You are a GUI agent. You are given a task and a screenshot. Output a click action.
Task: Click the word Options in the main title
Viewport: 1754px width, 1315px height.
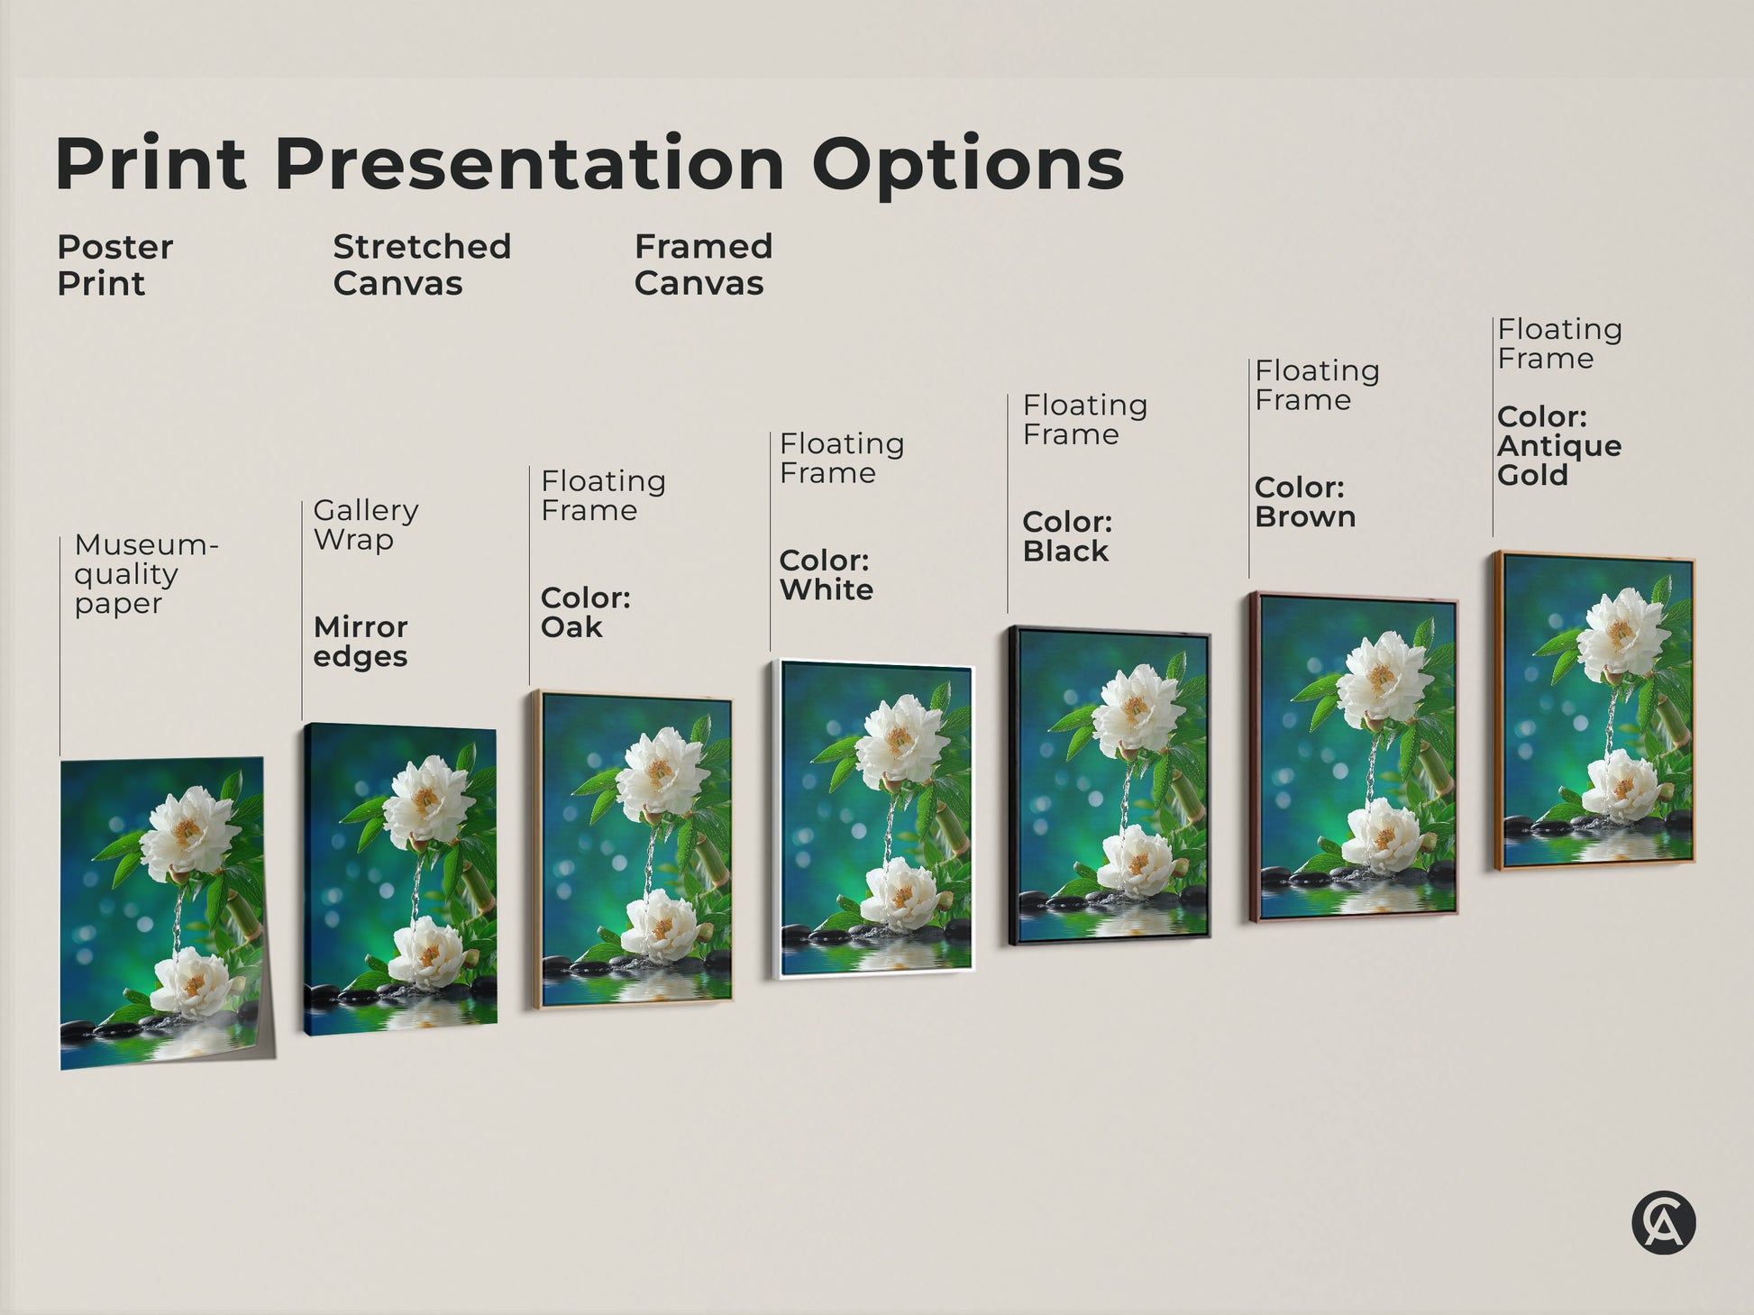(967, 165)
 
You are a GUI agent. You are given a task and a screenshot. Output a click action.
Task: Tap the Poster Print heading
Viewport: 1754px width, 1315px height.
(114, 265)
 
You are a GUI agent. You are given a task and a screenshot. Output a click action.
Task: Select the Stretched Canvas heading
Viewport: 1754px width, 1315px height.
(421, 265)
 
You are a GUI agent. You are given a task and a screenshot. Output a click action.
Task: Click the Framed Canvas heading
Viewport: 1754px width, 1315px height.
(703, 265)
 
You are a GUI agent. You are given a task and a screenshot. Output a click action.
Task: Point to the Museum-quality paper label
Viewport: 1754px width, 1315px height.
(144, 574)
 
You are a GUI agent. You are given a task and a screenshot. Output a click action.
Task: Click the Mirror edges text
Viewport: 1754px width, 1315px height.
(361, 642)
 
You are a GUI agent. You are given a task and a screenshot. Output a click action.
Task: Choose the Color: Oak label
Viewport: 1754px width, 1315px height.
(585, 612)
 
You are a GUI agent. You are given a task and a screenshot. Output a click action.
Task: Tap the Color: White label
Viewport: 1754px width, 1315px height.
(826, 575)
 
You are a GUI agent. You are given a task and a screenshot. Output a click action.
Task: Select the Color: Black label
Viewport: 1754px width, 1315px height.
(1067, 536)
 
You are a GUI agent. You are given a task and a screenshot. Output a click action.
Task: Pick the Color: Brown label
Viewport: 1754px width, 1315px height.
(1304, 502)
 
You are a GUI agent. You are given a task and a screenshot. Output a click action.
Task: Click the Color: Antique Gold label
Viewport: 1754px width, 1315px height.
(1558, 446)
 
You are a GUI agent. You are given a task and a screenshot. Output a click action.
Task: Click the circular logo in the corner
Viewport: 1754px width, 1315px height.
(1663, 1223)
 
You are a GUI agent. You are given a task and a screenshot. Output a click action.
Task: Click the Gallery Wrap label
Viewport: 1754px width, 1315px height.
(365, 525)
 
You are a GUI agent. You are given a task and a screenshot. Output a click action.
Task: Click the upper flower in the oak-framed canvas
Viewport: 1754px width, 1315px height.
(662, 773)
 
